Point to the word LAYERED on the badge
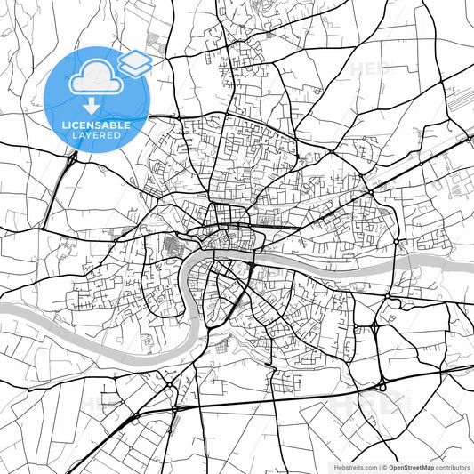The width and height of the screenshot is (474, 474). tap(98, 135)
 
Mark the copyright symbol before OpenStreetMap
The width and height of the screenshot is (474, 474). tap(384, 466)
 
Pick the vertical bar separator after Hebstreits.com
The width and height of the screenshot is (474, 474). tap(379, 466)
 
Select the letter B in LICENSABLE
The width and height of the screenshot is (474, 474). tap(119, 125)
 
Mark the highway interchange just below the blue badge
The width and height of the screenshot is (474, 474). tap(70, 159)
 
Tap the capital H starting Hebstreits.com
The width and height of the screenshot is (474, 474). tap(336, 466)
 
